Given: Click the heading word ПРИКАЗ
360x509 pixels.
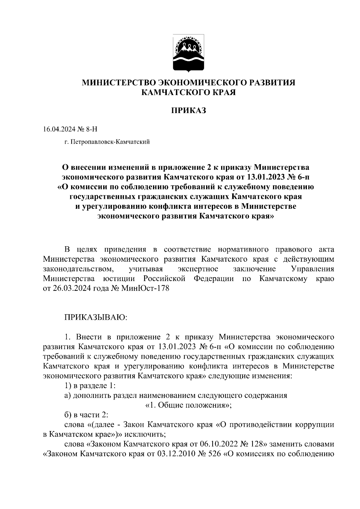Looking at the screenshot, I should tap(189, 111).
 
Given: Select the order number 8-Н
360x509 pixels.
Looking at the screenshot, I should tap(91, 129).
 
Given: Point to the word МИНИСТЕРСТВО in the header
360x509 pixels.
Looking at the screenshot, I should tap(119, 82).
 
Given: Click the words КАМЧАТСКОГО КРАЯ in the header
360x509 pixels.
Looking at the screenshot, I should tap(189, 93).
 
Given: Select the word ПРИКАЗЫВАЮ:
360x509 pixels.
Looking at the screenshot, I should tap(96, 317).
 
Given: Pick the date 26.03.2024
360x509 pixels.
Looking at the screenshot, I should tap(70, 289).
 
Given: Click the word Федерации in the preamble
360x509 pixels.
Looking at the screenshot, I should tap(214, 279).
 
